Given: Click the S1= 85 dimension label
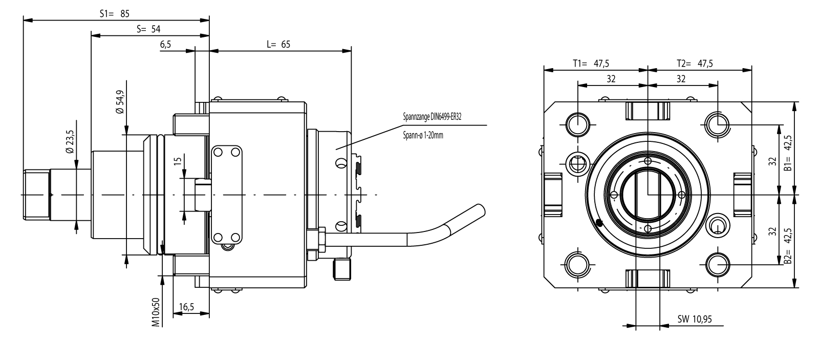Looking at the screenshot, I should [x=115, y=14].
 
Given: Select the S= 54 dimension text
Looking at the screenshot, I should [x=148, y=29].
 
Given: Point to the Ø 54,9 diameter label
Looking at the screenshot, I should [x=120, y=102].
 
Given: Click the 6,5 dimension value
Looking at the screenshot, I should [x=165, y=45].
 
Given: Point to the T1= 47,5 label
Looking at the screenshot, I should [x=590, y=63].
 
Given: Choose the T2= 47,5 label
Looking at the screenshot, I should [x=695, y=63].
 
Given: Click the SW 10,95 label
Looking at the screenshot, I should [x=695, y=319].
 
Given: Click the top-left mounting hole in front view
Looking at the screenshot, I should [x=578, y=124].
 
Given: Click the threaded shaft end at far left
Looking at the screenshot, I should [x=37, y=195].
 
